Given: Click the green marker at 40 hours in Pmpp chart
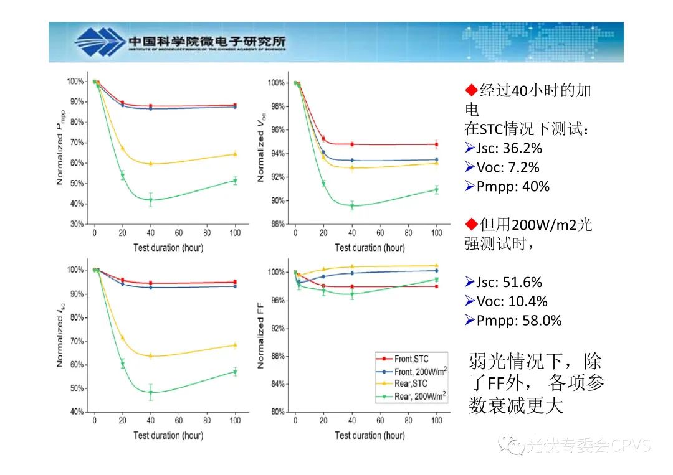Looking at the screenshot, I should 151,199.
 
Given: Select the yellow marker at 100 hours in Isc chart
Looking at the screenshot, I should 235,345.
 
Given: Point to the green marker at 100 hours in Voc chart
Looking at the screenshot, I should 436,190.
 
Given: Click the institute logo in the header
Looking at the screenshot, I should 100,42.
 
